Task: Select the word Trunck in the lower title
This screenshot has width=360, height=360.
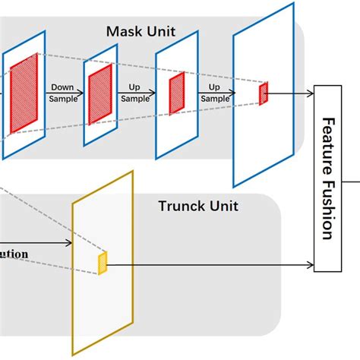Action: (182, 205)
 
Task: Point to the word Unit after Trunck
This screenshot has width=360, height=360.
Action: (223, 205)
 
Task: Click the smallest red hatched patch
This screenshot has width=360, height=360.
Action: (264, 93)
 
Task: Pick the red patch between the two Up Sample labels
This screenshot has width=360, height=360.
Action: (176, 92)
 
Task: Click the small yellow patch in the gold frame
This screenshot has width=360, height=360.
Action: (103, 262)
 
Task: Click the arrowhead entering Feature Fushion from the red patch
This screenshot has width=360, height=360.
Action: (310, 93)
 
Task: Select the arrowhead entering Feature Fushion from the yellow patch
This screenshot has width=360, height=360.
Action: (310, 265)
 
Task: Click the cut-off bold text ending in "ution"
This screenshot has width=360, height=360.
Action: (14, 254)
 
